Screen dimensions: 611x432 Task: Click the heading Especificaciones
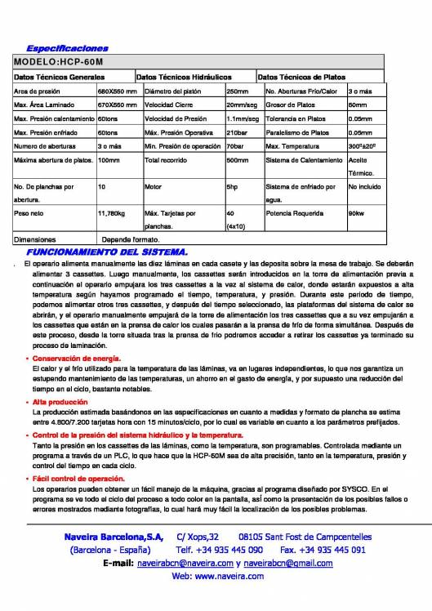tap(67, 50)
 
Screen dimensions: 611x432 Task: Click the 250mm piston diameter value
tap(237, 91)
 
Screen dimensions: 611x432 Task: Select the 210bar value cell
tap(236, 132)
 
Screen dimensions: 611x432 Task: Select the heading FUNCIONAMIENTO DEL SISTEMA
tap(107, 252)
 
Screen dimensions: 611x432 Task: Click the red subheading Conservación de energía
tap(77, 359)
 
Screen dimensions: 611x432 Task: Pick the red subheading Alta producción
tap(61, 402)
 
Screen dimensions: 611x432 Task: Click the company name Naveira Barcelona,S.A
tap(114, 537)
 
